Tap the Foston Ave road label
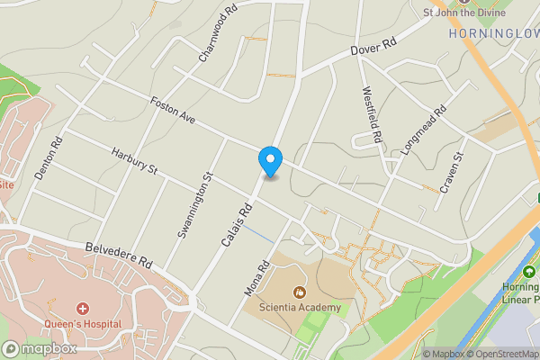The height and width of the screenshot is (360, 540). tap(173, 111)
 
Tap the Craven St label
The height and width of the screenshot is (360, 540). tap(451, 172)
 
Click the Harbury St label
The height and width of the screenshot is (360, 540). tap(134, 161)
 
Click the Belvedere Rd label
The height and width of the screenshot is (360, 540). tap(120, 253)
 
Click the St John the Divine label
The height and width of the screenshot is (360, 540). tap(463, 13)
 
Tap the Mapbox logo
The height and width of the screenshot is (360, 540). tap(40, 349)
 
